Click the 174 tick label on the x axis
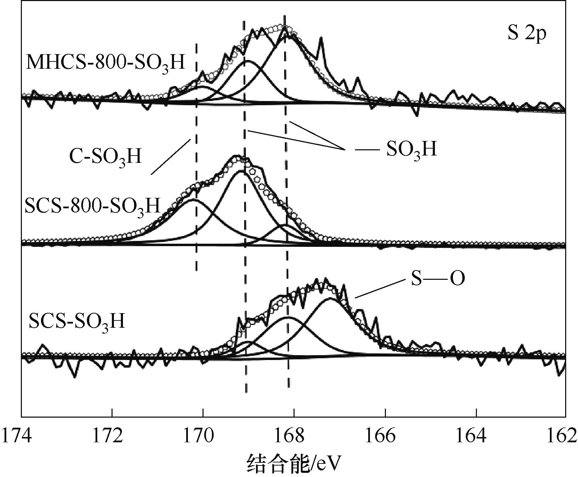point(16,436)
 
